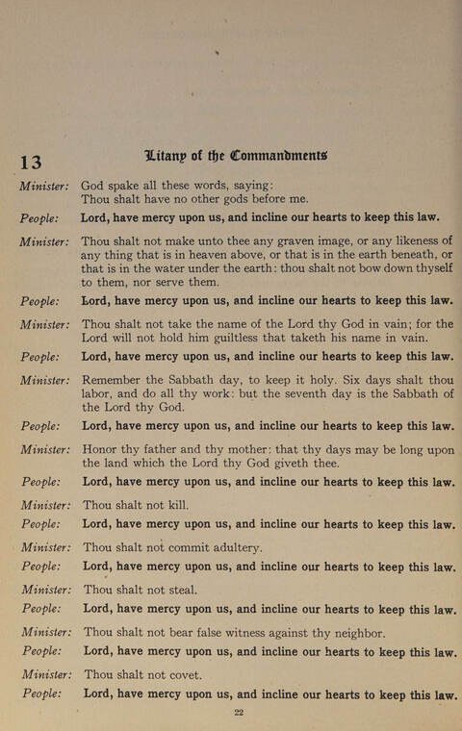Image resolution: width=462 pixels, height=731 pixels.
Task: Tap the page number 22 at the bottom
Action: point(240,712)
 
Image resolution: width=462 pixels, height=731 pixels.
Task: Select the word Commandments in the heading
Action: point(278,154)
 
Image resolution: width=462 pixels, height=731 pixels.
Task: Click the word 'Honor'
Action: point(102,448)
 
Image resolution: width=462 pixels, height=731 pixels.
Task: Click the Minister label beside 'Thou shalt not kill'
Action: point(45,505)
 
